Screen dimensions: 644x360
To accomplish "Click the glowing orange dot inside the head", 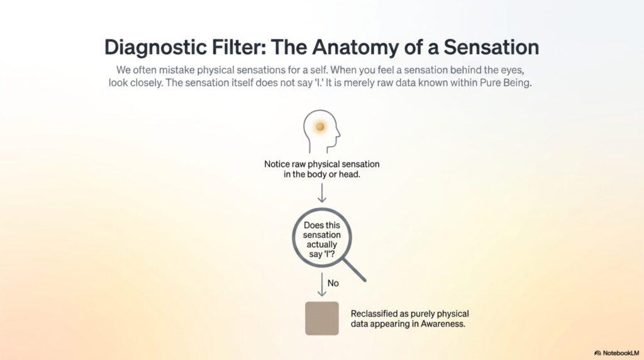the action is (320, 127).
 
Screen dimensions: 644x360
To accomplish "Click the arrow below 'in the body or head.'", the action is (322, 193).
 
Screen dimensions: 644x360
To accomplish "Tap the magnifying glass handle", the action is (354, 269).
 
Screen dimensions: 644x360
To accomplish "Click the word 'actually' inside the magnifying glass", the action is (321, 245).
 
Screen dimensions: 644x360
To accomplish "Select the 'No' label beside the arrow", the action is (333, 283).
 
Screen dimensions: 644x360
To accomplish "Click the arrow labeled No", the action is (322, 284).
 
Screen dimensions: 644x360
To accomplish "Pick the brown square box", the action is (322, 318).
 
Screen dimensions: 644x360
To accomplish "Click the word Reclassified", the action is (374, 314).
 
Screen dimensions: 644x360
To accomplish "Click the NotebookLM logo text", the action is (621, 353).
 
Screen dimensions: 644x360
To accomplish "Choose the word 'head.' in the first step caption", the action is (350, 174).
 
